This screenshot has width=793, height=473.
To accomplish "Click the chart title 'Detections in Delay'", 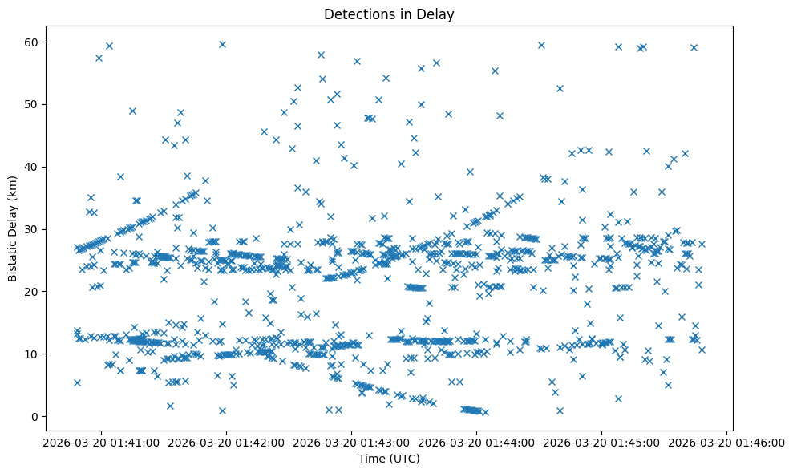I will (389, 14).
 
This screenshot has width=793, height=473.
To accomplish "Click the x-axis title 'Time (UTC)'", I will (389, 459).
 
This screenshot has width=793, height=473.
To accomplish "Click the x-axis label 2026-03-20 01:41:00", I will (102, 442).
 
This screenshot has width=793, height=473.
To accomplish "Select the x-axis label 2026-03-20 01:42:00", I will (227, 442).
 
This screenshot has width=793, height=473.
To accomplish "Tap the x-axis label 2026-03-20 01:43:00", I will (352, 442).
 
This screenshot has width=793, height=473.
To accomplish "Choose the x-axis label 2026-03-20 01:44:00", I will (477, 442).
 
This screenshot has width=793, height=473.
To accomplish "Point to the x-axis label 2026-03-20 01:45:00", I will (602, 442).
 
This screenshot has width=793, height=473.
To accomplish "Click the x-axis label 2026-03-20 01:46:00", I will (727, 442).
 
